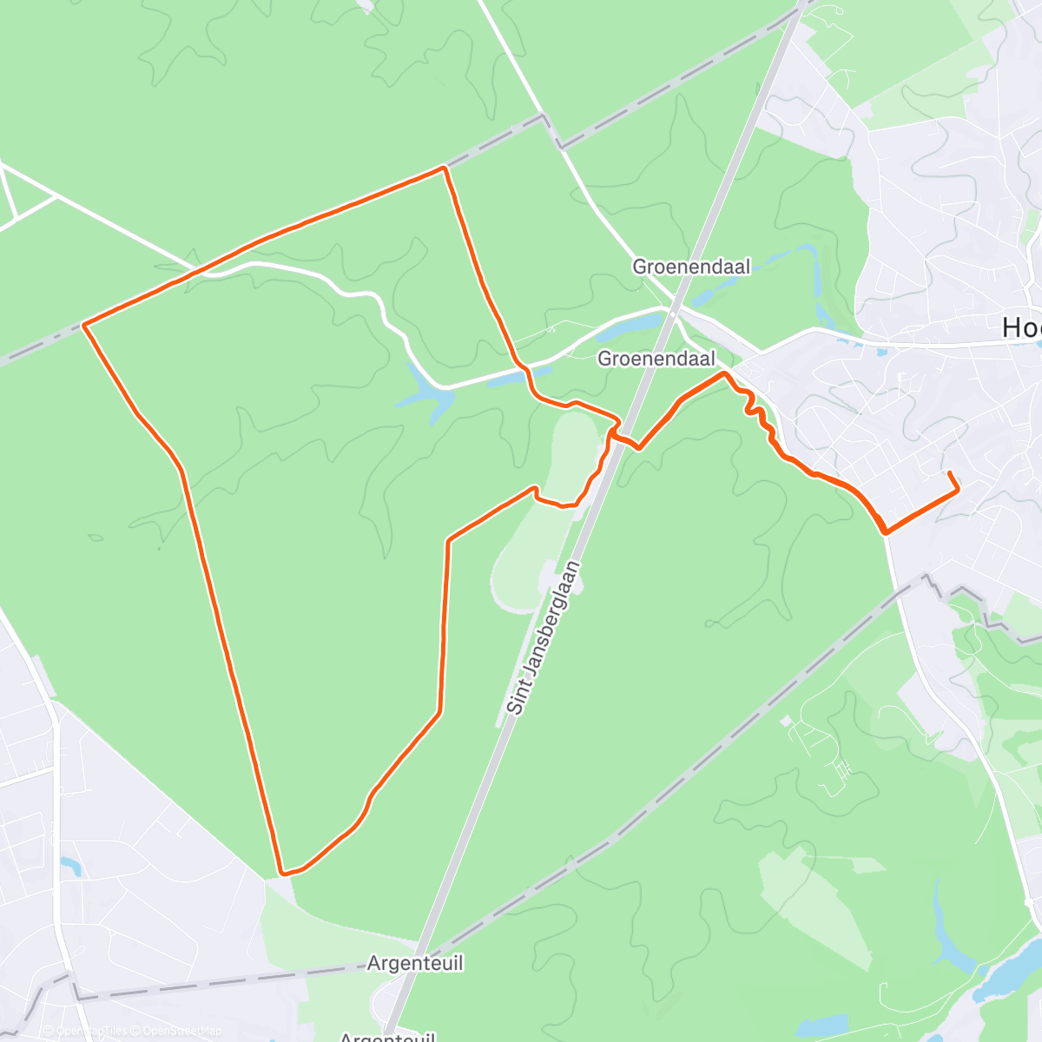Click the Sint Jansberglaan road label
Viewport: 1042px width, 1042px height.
coord(543,638)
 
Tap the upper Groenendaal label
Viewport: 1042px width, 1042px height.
coord(691,267)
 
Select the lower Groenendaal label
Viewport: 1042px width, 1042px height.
coord(656,359)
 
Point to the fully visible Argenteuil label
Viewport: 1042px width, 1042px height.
coord(415,963)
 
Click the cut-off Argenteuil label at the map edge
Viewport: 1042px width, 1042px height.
coord(386,1037)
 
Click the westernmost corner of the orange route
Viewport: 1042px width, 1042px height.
coord(83,325)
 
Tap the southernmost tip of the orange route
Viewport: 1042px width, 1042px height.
coord(283,872)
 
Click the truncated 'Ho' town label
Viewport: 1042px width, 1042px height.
coord(1021,327)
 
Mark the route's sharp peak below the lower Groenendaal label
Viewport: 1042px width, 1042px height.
coord(723,373)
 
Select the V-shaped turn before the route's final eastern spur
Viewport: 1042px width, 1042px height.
coord(885,531)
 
